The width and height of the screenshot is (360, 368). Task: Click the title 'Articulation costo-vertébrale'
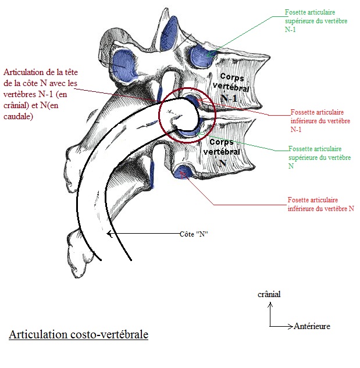tap(79, 335)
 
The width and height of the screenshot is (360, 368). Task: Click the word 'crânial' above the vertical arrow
tap(269, 294)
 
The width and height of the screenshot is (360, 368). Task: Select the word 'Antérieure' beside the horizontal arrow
tap(312, 326)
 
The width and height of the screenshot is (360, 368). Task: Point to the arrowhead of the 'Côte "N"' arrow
tap(110, 234)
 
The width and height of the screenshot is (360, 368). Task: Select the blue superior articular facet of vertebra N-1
tap(200, 54)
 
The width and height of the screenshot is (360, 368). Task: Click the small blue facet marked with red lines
tap(186, 173)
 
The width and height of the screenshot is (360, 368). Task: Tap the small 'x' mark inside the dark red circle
tap(169, 110)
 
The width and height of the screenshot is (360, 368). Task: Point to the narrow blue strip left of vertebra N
tap(153, 172)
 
